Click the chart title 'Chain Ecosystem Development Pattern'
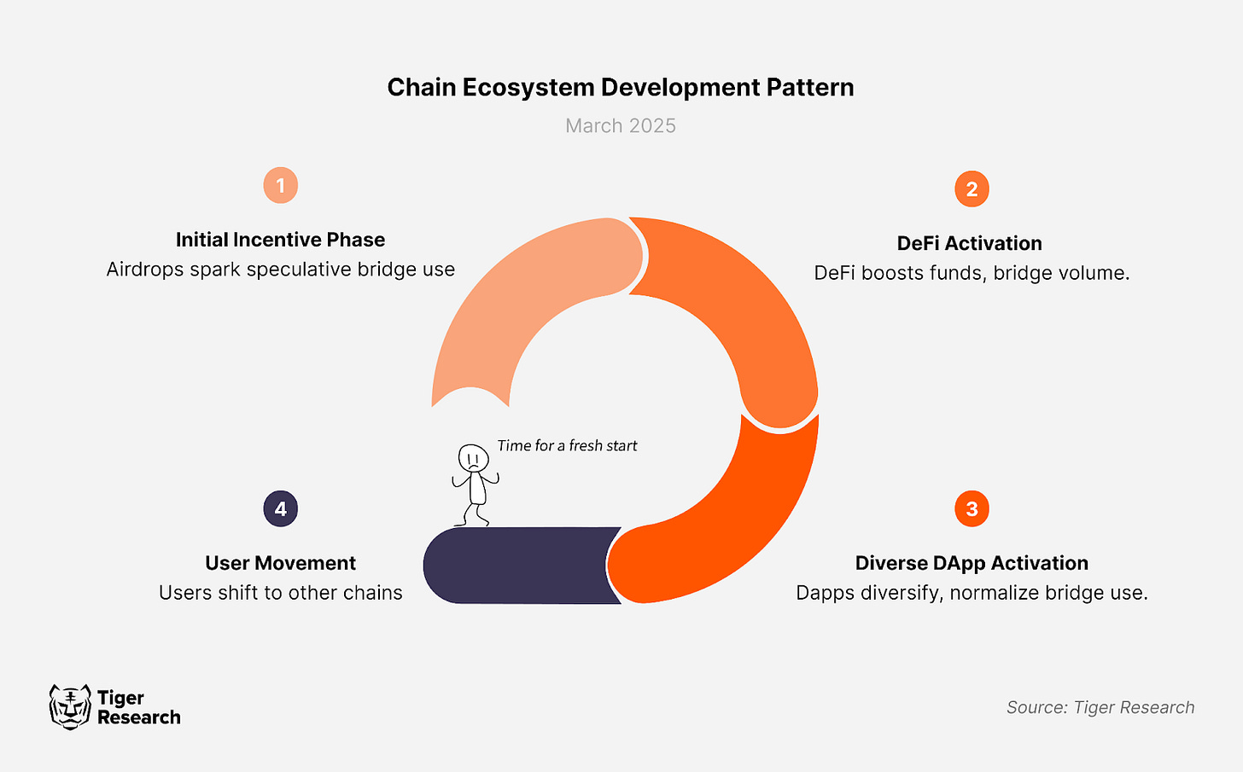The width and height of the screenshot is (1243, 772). click(621, 88)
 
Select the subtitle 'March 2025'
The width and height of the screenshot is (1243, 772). click(621, 126)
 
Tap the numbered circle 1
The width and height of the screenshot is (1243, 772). click(280, 185)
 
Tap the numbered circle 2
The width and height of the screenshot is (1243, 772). click(972, 189)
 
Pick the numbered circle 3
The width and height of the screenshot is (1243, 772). click(972, 509)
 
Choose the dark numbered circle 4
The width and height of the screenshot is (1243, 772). click(280, 509)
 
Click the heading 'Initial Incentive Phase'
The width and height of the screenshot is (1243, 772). click(280, 240)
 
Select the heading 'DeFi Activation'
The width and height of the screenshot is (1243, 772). click(969, 244)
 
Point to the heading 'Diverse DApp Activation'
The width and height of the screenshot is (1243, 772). click(972, 563)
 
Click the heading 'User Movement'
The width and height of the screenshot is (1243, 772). click(280, 563)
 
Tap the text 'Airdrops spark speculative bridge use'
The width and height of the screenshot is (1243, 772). click(280, 270)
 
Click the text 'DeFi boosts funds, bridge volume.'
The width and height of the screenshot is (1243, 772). click(972, 273)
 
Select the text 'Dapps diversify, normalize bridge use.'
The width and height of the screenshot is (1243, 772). click(972, 593)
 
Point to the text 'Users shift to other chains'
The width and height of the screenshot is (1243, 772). click(280, 593)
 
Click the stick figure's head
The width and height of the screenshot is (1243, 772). click(473, 458)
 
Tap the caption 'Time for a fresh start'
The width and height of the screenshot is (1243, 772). click(567, 445)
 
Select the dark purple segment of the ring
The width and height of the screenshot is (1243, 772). click(516, 566)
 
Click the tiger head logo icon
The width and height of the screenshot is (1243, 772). click(70, 707)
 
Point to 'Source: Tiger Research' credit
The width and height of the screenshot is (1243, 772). click(1100, 707)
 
